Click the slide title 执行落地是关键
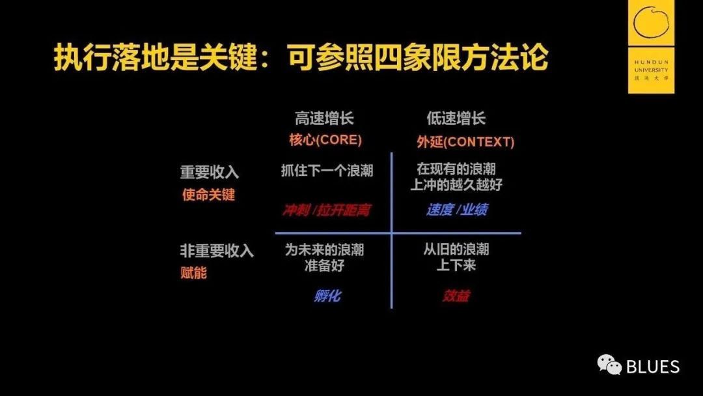[156, 59]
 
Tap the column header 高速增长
[324, 119]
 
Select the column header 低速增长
[456, 119]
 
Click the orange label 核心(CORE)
[325, 141]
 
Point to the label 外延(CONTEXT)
[465, 142]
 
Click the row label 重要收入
[210, 173]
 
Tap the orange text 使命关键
[208, 195]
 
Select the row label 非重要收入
[217, 251]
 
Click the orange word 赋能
[193, 273]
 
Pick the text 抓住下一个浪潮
[327, 171]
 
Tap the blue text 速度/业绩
[457, 210]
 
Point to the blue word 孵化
[327, 296]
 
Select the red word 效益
[456, 296]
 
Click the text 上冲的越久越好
[456, 185]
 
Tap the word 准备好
[324, 266]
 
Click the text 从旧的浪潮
[456, 249]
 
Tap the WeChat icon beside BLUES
[609, 365]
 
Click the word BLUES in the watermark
[652, 367]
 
